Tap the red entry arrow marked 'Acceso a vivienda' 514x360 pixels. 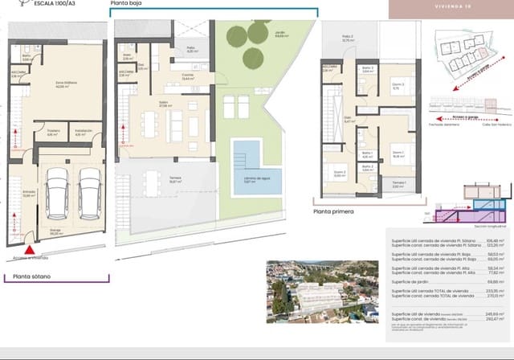(x=29, y=235)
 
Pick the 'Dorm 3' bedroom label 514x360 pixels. (x=398, y=88)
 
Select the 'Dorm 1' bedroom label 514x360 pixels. (x=398, y=155)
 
